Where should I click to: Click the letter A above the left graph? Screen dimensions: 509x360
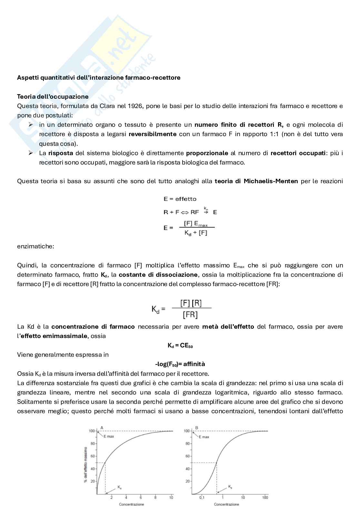102,428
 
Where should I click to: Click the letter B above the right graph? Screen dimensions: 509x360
197,428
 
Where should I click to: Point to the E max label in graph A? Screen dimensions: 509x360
109,436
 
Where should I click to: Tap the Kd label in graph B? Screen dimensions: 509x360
230,486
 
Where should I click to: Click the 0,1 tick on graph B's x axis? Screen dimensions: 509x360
202,498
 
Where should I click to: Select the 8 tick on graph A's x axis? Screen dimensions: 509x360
156,498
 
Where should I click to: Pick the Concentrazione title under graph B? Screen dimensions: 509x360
226,504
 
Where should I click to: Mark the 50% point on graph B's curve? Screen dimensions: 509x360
216,463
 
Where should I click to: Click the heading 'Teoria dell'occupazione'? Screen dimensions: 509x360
53,96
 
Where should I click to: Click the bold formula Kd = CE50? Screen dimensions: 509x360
180,345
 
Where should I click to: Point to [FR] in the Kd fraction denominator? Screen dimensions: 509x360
190,314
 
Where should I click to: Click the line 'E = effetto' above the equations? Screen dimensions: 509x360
180,199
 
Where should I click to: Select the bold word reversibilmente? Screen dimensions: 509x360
152,134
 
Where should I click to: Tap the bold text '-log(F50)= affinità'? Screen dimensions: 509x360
180,364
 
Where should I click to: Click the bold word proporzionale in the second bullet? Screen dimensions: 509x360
207,153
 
